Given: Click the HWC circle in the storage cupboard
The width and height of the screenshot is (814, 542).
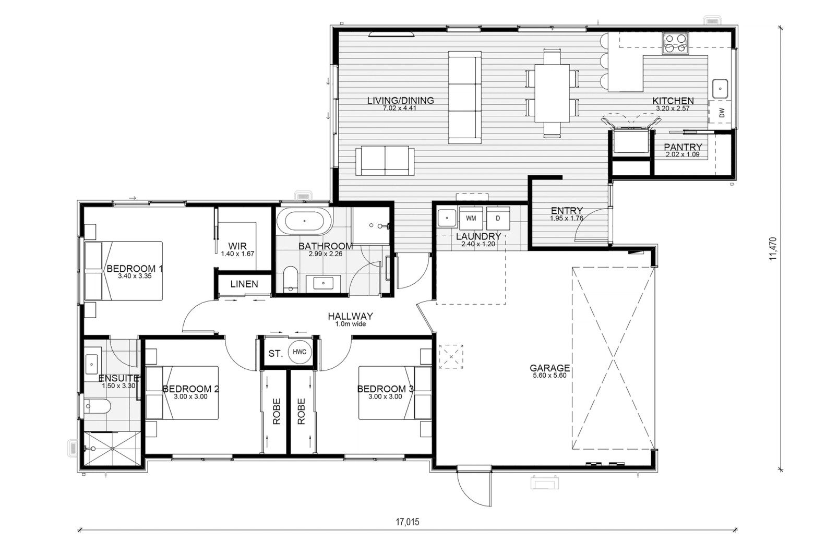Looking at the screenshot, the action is point(300,352).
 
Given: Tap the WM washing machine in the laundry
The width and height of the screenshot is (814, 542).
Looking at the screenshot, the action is point(471,219).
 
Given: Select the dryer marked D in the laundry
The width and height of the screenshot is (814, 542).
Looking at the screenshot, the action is point(498,219).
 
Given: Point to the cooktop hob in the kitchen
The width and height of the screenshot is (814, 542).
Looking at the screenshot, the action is point(675,43).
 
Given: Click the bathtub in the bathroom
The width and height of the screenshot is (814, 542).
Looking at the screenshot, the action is point(304,221).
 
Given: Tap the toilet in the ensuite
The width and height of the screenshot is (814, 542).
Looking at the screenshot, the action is point(97,406).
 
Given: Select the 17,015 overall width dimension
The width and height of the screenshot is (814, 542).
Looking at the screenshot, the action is point(408,522).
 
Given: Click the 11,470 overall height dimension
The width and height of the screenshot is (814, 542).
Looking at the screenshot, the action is point(773,248).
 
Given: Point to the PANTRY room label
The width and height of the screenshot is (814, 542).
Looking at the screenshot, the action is point(683,147).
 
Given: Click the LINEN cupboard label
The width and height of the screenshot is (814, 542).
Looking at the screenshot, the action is point(244,284).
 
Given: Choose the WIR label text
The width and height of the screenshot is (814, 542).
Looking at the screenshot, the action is point(237,246).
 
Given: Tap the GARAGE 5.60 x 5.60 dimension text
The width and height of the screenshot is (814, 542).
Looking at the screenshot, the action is point(549,376).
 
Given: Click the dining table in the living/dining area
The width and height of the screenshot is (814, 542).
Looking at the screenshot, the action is point(552,93).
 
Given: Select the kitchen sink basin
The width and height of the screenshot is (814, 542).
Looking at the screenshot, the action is point(720,89).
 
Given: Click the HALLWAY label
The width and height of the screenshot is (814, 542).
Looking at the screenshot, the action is point(350,317).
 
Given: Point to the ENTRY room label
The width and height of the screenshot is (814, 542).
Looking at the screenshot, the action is point(567,211).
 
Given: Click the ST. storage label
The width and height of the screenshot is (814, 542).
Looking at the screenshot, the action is point(276,354).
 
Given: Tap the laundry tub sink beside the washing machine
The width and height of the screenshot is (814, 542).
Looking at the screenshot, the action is point(447,219).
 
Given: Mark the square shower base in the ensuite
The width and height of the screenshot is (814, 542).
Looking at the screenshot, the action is point(112,449).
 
